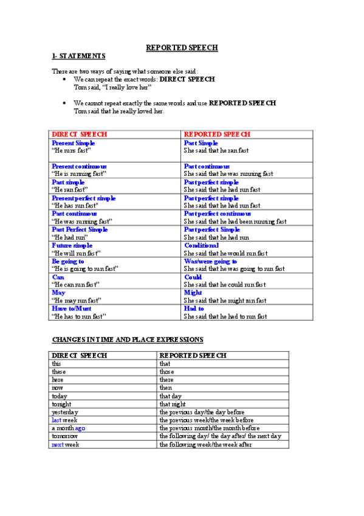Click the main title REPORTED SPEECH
tap(182, 47)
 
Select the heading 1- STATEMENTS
tap(78, 56)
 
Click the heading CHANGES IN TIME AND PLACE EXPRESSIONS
tap(128, 340)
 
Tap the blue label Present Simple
tap(74, 142)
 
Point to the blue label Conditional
tap(201, 245)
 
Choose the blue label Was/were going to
tap(210, 261)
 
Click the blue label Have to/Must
tap(76, 309)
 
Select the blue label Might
tap(193, 293)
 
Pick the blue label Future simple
tap(72, 245)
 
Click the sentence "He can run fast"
tap(75, 285)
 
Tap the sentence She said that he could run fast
tap(225, 285)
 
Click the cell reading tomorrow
tap(64, 436)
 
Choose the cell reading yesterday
tap(65, 412)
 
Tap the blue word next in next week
tap(57, 444)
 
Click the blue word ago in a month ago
tap(80, 428)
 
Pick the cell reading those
tap(167, 371)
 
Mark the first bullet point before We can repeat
tap(64, 80)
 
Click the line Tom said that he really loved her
tap(119, 111)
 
